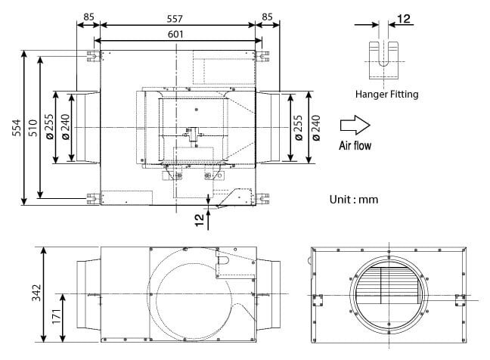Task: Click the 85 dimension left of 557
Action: pos(88,15)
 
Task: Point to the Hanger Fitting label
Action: pos(386,95)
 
